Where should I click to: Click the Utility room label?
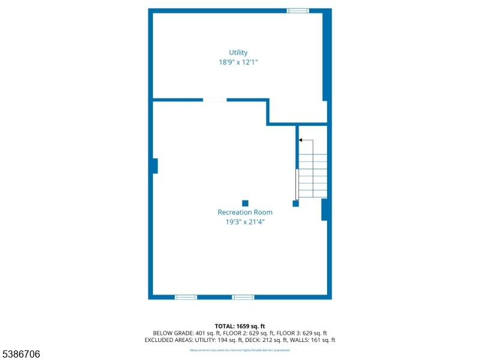(238, 53)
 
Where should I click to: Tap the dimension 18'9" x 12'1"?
(238, 62)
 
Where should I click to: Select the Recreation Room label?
(245, 212)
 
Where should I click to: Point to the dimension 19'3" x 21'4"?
(245, 221)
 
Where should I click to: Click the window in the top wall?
(298, 11)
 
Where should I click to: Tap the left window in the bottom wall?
(186, 297)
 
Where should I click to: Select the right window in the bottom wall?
(243, 297)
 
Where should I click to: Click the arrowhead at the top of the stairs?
(301, 140)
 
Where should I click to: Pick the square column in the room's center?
(245, 203)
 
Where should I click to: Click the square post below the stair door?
(295, 203)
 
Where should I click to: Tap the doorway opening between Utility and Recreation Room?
(215, 100)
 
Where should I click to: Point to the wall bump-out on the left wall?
(155, 166)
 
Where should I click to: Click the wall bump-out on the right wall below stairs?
(325, 209)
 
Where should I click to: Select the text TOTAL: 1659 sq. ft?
(240, 326)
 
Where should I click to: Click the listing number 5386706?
(21, 355)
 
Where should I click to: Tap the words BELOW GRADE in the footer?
(173, 333)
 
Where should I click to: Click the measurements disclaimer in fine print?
(240, 350)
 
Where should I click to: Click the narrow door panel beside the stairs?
(296, 184)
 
